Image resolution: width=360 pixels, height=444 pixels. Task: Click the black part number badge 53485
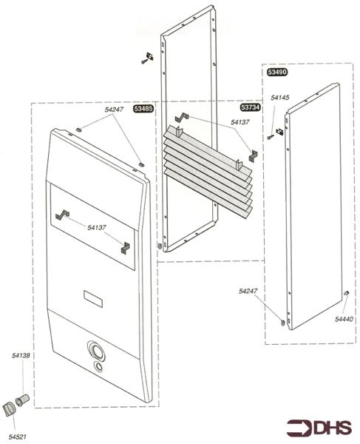coord(143,109)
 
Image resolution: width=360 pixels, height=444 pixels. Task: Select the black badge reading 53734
coord(251,107)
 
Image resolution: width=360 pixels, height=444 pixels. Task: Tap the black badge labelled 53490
coord(277,72)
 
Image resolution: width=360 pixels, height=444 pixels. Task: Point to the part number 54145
coord(280,98)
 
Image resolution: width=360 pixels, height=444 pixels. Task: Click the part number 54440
coord(344,319)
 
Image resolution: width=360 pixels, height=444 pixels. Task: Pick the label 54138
coord(21,355)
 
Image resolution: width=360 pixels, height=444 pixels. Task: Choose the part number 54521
coord(17,437)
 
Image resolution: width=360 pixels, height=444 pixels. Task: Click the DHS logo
coord(319,428)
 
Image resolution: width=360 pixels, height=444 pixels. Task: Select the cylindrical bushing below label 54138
coord(22,400)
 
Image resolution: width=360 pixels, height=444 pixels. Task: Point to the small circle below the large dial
coord(98,366)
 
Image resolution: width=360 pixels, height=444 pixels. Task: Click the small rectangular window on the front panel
coord(93,299)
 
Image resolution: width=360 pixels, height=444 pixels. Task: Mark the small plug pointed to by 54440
coord(346,293)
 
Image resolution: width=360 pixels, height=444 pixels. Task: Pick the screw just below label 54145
coord(271,137)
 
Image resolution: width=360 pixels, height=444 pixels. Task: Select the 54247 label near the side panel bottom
coord(248,291)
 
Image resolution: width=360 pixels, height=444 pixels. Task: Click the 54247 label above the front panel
coord(114,110)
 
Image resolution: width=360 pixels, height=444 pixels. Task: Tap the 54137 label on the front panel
coord(97,227)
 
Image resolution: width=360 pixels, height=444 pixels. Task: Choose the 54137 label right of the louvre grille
coord(240,122)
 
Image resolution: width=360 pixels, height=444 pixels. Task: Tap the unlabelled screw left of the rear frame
coord(144,61)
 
